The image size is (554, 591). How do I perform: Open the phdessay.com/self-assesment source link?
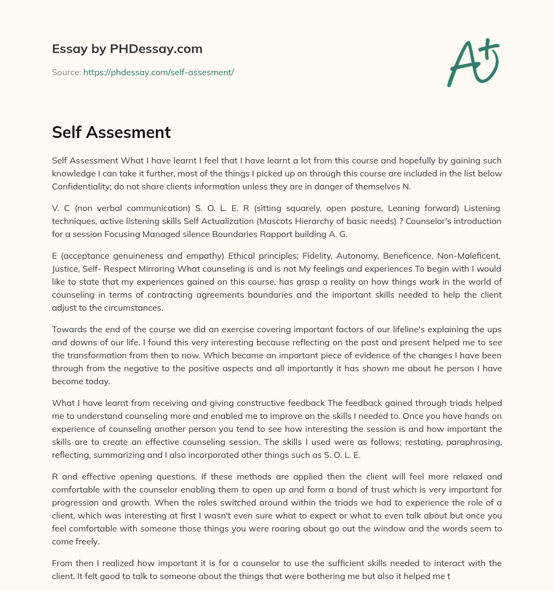pos(159,72)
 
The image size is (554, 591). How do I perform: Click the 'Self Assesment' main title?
pos(111,132)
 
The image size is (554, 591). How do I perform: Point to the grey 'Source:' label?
pos(66,72)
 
